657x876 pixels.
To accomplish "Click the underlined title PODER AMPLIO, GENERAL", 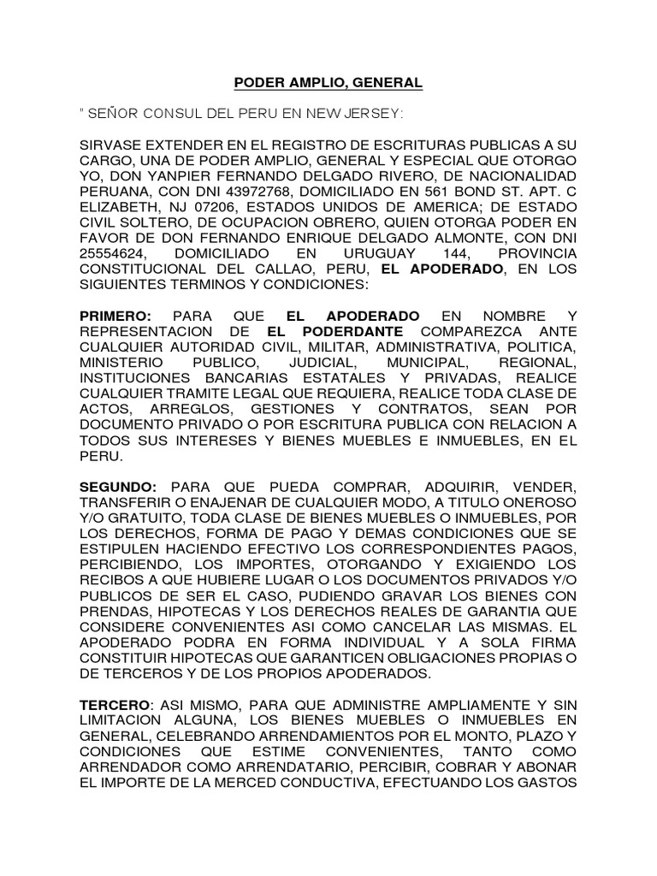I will click(x=328, y=83).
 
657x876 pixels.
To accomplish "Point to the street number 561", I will click(x=455, y=192).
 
